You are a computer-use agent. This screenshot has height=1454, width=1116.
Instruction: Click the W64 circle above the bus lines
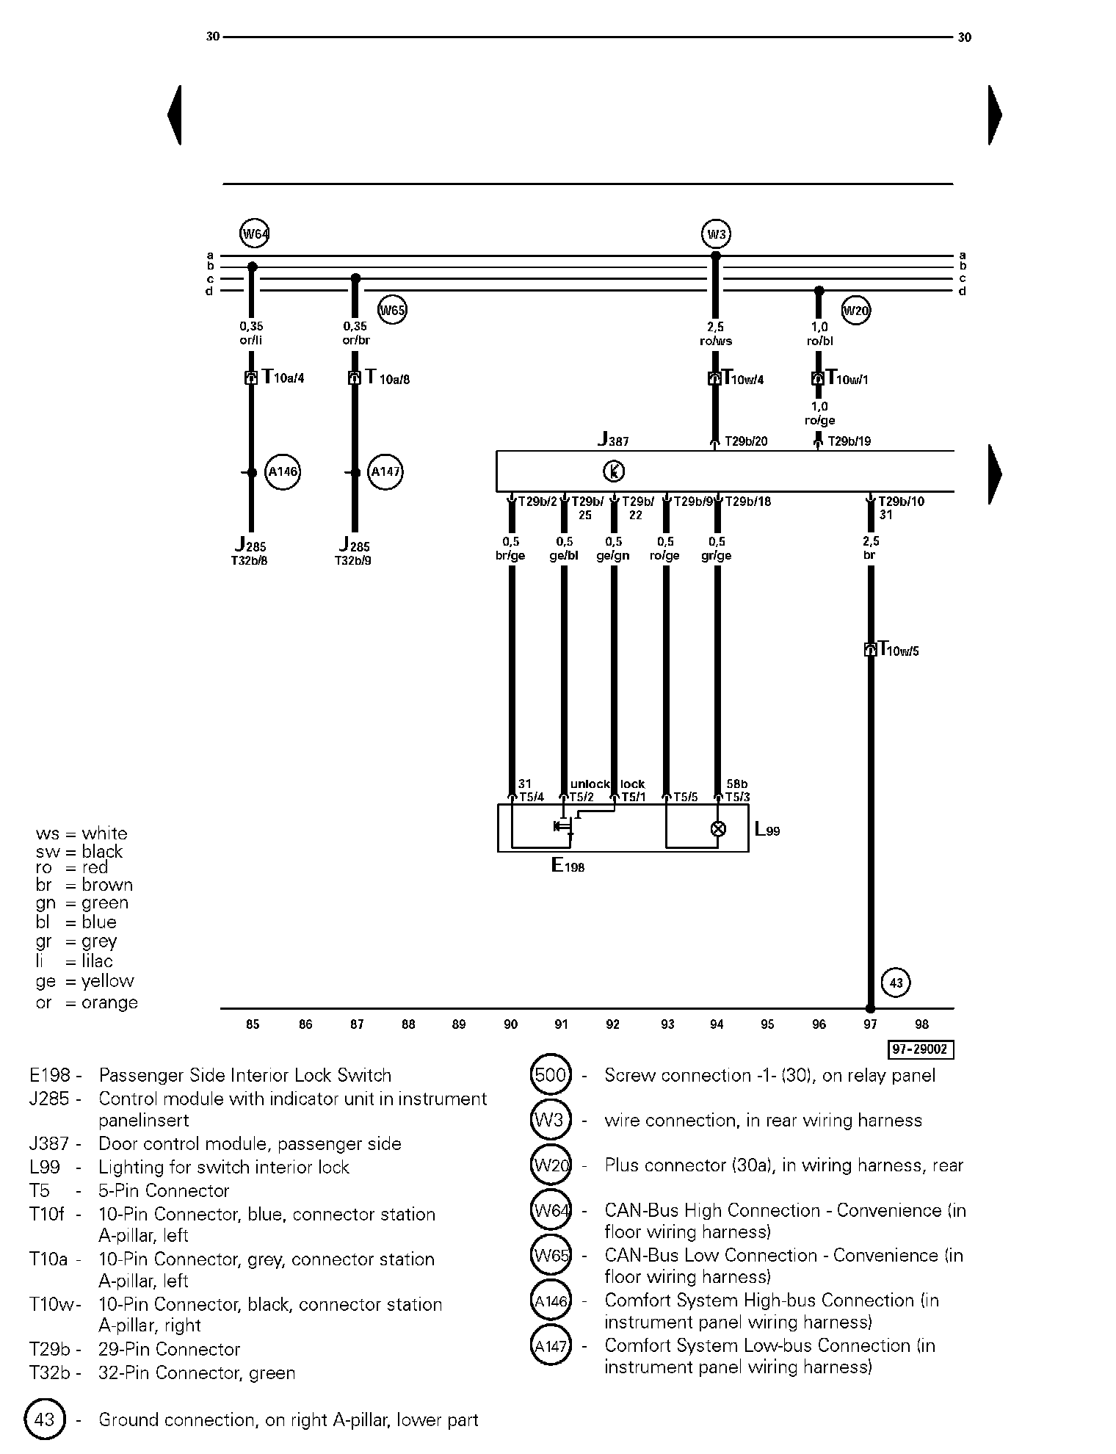[254, 234]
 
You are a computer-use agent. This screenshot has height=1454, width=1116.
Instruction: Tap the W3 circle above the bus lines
[716, 235]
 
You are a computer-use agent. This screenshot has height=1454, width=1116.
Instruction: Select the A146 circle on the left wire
[283, 472]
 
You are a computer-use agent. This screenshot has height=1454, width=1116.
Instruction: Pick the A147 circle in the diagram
[385, 472]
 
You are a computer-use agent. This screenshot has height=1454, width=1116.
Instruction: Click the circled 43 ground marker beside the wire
[896, 983]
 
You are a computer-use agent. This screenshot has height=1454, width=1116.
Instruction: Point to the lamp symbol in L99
[718, 829]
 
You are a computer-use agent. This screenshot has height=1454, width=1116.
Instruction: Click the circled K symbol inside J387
[614, 471]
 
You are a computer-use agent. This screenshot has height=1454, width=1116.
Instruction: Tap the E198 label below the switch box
[568, 866]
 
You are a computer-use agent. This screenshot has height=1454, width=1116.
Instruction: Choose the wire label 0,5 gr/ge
[717, 549]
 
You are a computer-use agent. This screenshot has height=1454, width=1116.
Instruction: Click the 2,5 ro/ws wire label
[716, 334]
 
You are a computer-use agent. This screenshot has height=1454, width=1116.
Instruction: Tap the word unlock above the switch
[590, 784]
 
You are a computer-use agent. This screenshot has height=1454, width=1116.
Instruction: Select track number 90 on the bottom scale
[510, 1024]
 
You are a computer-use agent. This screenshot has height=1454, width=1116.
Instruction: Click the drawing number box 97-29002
[921, 1049]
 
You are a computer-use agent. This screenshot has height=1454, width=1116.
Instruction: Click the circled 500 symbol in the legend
[551, 1076]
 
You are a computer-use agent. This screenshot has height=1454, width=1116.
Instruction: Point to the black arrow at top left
[174, 115]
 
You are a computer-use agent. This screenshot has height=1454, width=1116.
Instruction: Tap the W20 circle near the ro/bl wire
[855, 311]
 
